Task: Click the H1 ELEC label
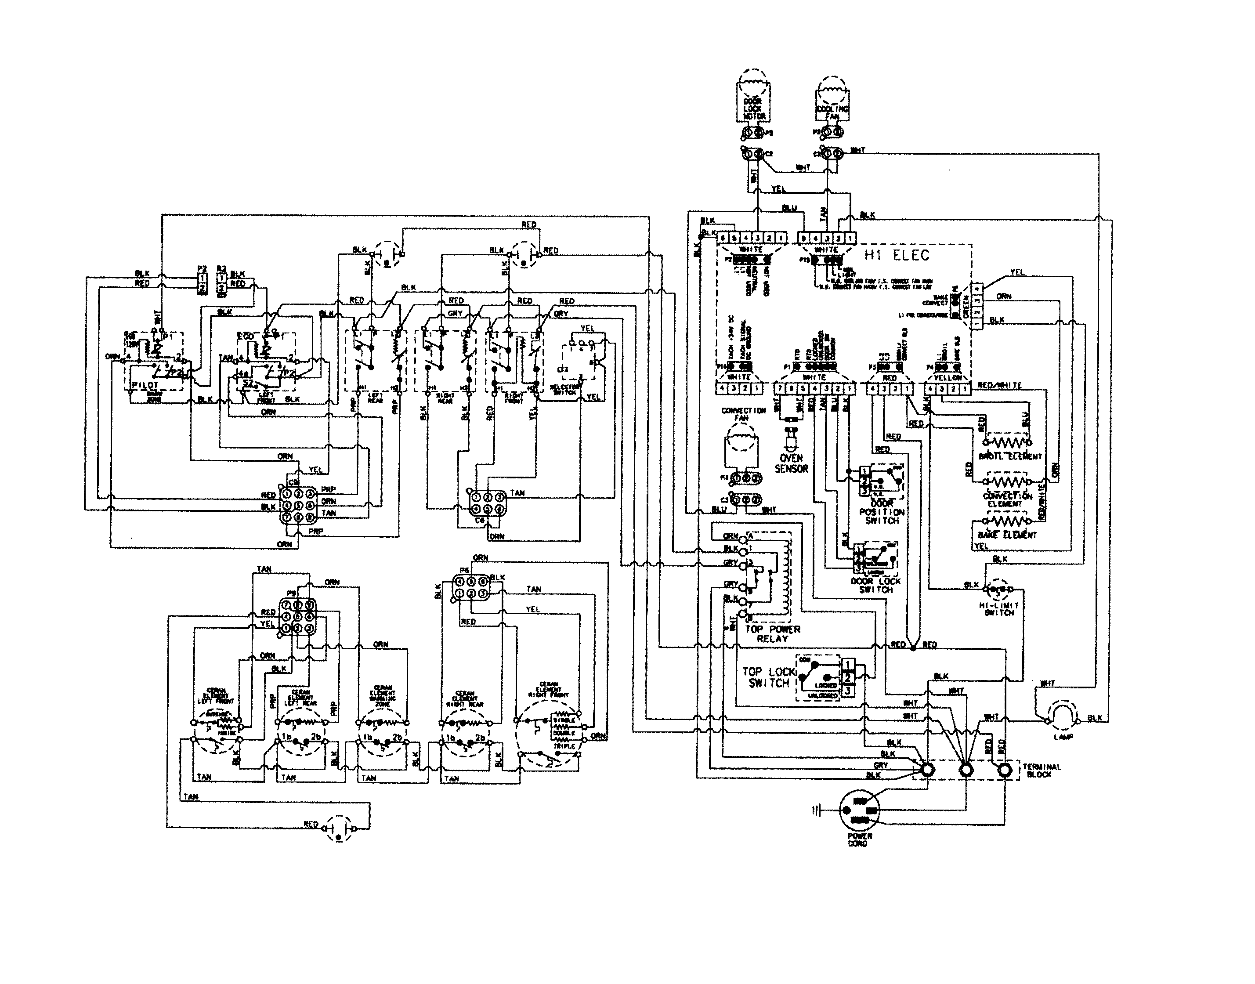tap(897, 255)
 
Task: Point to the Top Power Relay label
tap(772, 634)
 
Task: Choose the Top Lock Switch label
tap(768, 677)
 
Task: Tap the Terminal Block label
tap(1042, 770)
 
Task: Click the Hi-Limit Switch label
tap(999, 609)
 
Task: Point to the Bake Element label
tap(1007, 535)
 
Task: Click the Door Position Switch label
tap(881, 512)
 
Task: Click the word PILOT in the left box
tap(145, 384)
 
